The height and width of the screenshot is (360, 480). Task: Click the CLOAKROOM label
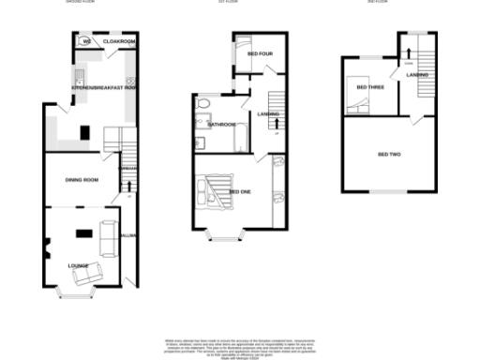click(x=120, y=42)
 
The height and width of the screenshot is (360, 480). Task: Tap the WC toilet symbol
click(x=84, y=41)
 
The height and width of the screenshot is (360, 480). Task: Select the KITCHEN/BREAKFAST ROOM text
click(x=104, y=88)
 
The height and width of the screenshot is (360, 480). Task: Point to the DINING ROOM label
click(x=81, y=179)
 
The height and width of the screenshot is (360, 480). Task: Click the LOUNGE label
click(x=78, y=265)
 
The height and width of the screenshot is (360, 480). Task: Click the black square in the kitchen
click(x=85, y=131)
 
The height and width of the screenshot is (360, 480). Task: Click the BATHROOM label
click(x=221, y=125)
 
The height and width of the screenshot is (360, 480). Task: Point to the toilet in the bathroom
click(x=203, y=102)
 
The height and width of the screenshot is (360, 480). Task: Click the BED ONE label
click(x=239, y=191)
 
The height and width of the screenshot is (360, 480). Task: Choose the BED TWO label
click(x=388, y=153)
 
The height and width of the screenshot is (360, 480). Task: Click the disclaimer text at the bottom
click(x=239, y=345)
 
